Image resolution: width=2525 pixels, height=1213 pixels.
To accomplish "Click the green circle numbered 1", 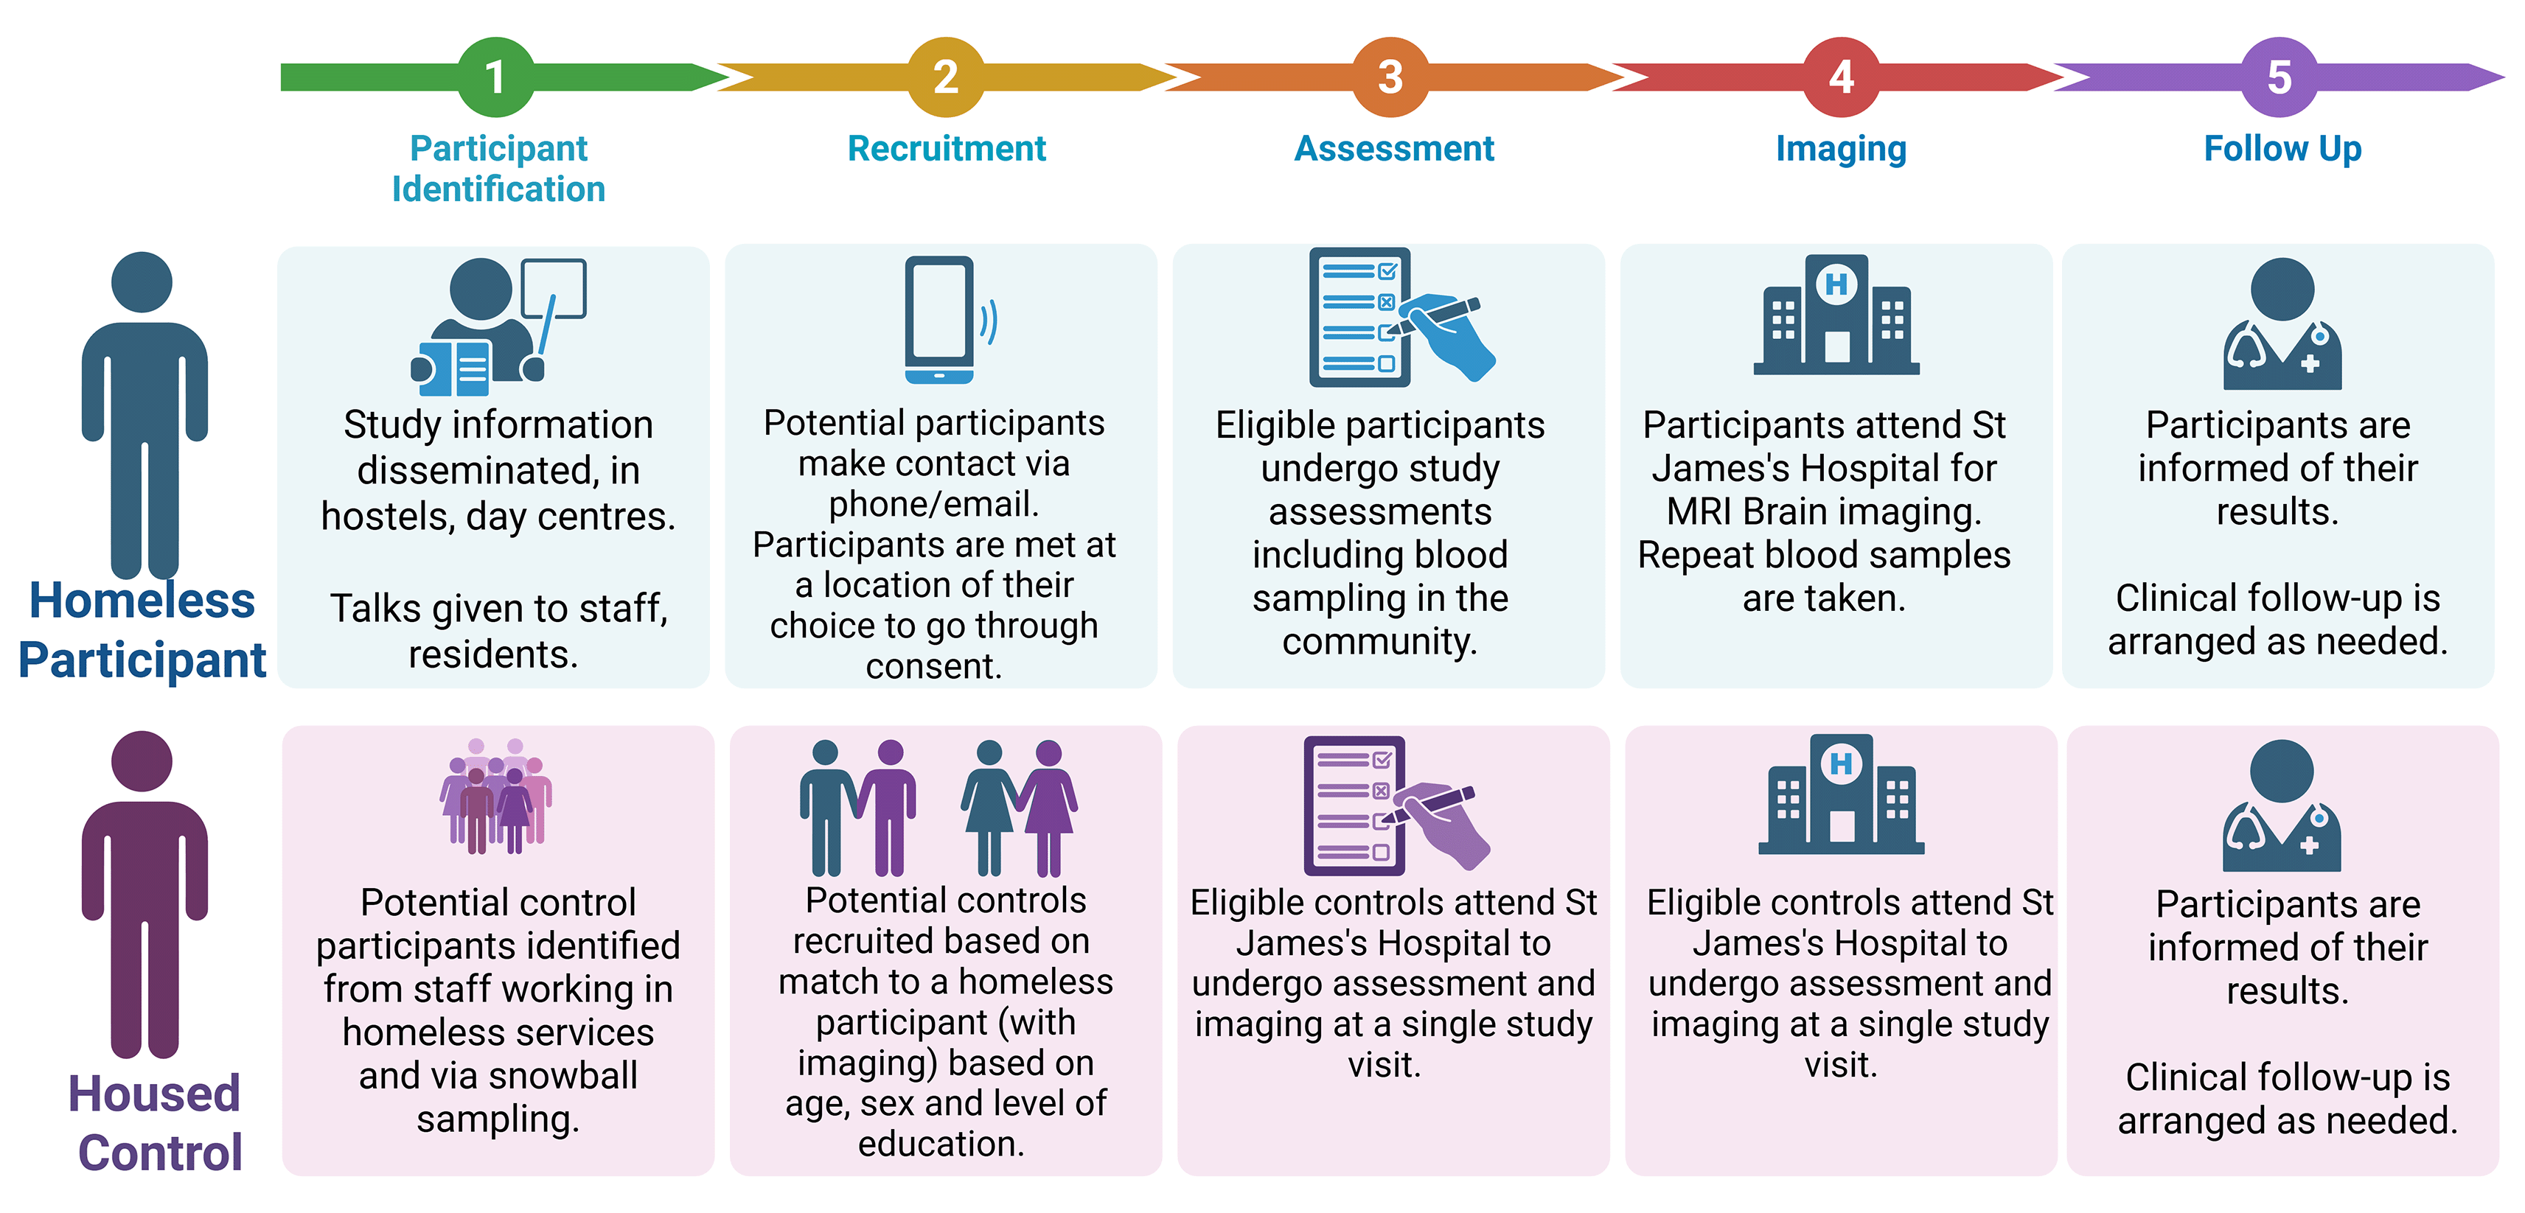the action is click(496, 77).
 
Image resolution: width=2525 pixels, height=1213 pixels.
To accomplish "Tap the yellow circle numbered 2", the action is click(945, 77).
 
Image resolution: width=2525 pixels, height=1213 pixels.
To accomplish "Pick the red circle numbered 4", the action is click(1841, 77).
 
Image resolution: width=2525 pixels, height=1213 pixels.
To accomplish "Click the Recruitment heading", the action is click(947, 149).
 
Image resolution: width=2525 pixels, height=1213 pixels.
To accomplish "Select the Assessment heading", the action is click(1394, 149).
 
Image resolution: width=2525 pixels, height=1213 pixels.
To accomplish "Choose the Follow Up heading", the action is click(2283, 150).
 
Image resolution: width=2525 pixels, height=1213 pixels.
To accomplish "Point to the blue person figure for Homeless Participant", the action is click(144, 416).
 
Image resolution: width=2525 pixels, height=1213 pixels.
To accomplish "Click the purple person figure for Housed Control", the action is click(144, 895).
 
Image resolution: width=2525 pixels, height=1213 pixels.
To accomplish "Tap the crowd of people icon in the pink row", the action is click(496, 796).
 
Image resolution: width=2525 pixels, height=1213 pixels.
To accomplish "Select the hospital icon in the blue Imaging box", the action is click(1837, 315).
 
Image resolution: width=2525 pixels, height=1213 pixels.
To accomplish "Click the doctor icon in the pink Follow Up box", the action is click(2282, 805).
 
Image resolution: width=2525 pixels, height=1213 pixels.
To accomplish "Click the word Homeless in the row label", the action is click(142, 600).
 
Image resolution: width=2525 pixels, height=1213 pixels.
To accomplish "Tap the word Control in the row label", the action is click(160, 1153).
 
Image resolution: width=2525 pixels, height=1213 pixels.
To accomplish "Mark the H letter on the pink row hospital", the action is click(1842, 763).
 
